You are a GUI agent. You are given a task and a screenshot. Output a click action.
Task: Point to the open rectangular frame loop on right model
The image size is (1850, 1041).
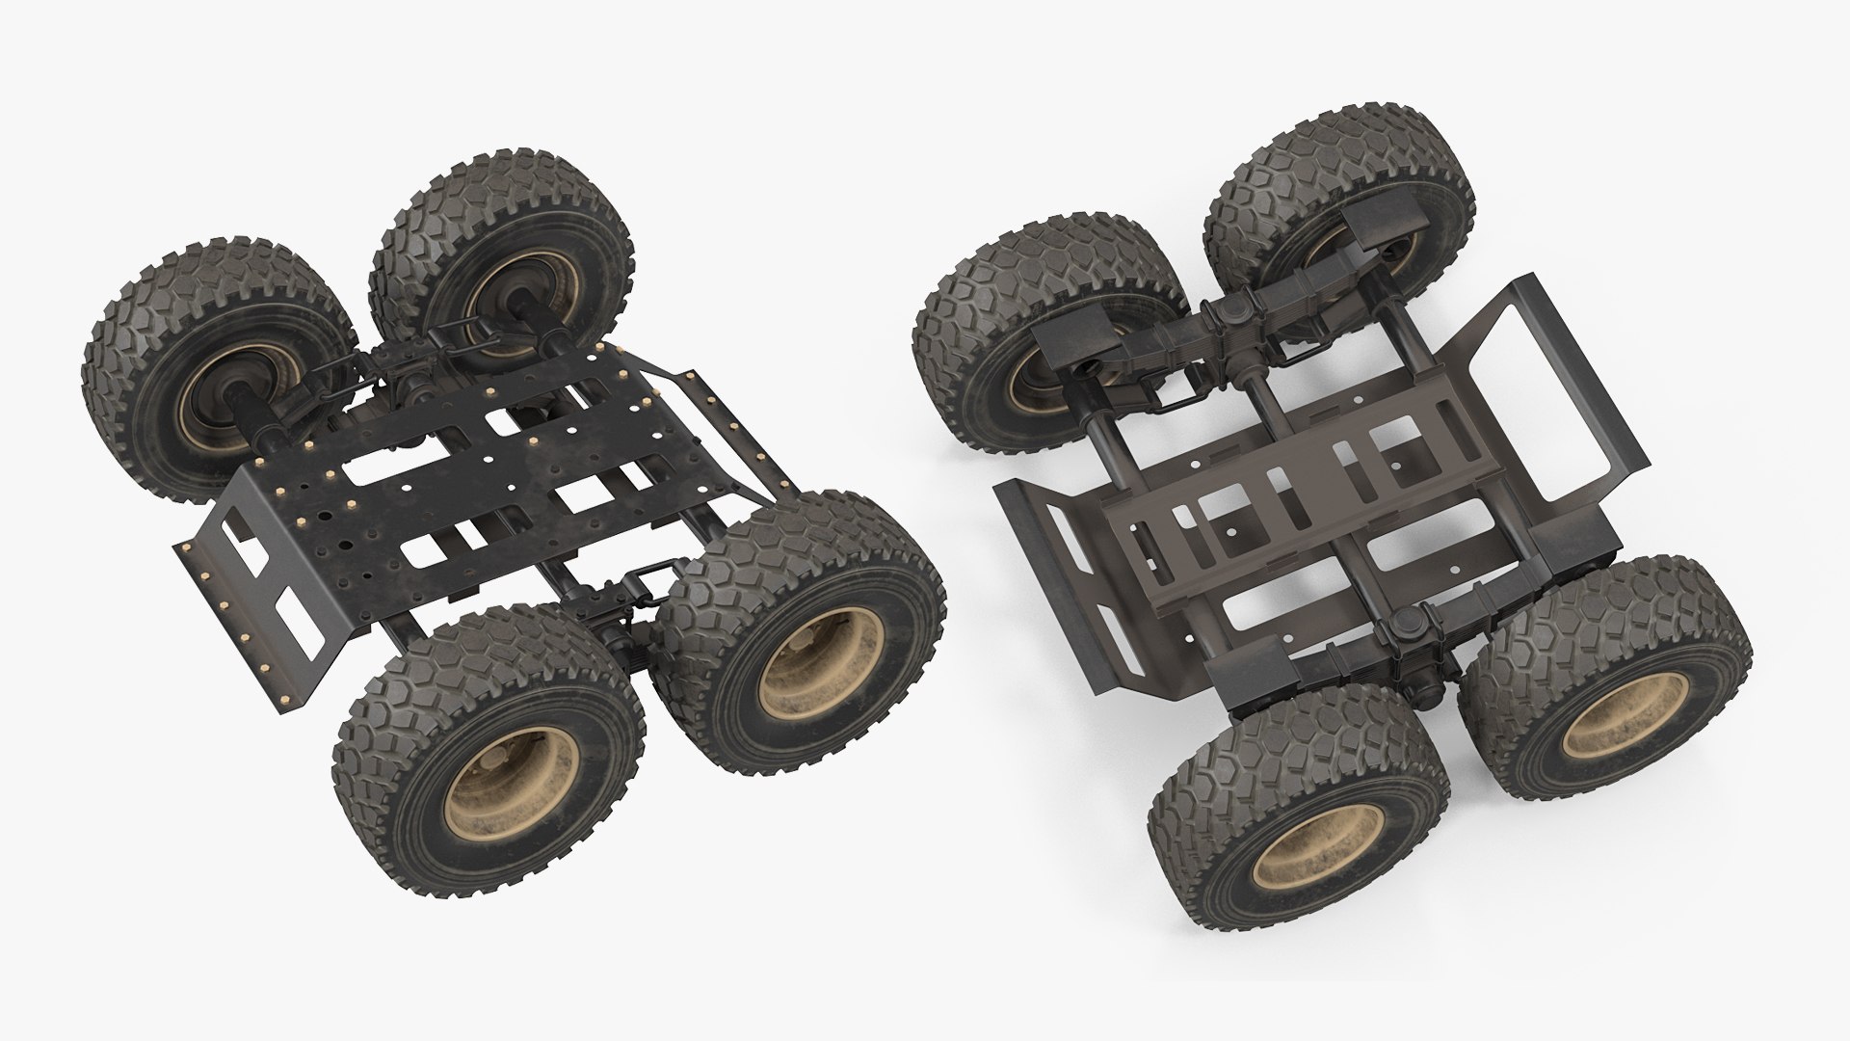coord(1542,386)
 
